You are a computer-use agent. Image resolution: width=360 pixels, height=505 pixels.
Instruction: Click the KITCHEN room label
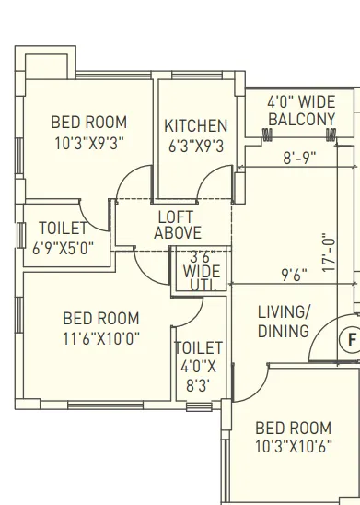(195, 125)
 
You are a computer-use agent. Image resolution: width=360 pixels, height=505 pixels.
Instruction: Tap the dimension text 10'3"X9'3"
(88, 143)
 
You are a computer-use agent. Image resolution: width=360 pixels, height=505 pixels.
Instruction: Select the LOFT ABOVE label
(178, 226)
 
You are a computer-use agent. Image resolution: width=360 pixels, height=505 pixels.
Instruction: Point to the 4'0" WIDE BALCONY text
(300, 112)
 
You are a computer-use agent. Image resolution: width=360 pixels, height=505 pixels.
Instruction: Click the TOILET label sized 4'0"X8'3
(199, 347)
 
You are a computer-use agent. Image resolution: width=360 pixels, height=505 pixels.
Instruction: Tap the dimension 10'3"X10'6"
(292, 447)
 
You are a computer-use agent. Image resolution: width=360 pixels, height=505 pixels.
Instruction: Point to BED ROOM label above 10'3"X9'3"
(88, 123)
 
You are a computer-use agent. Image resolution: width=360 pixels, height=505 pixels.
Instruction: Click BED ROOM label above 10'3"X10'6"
(292, 428)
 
